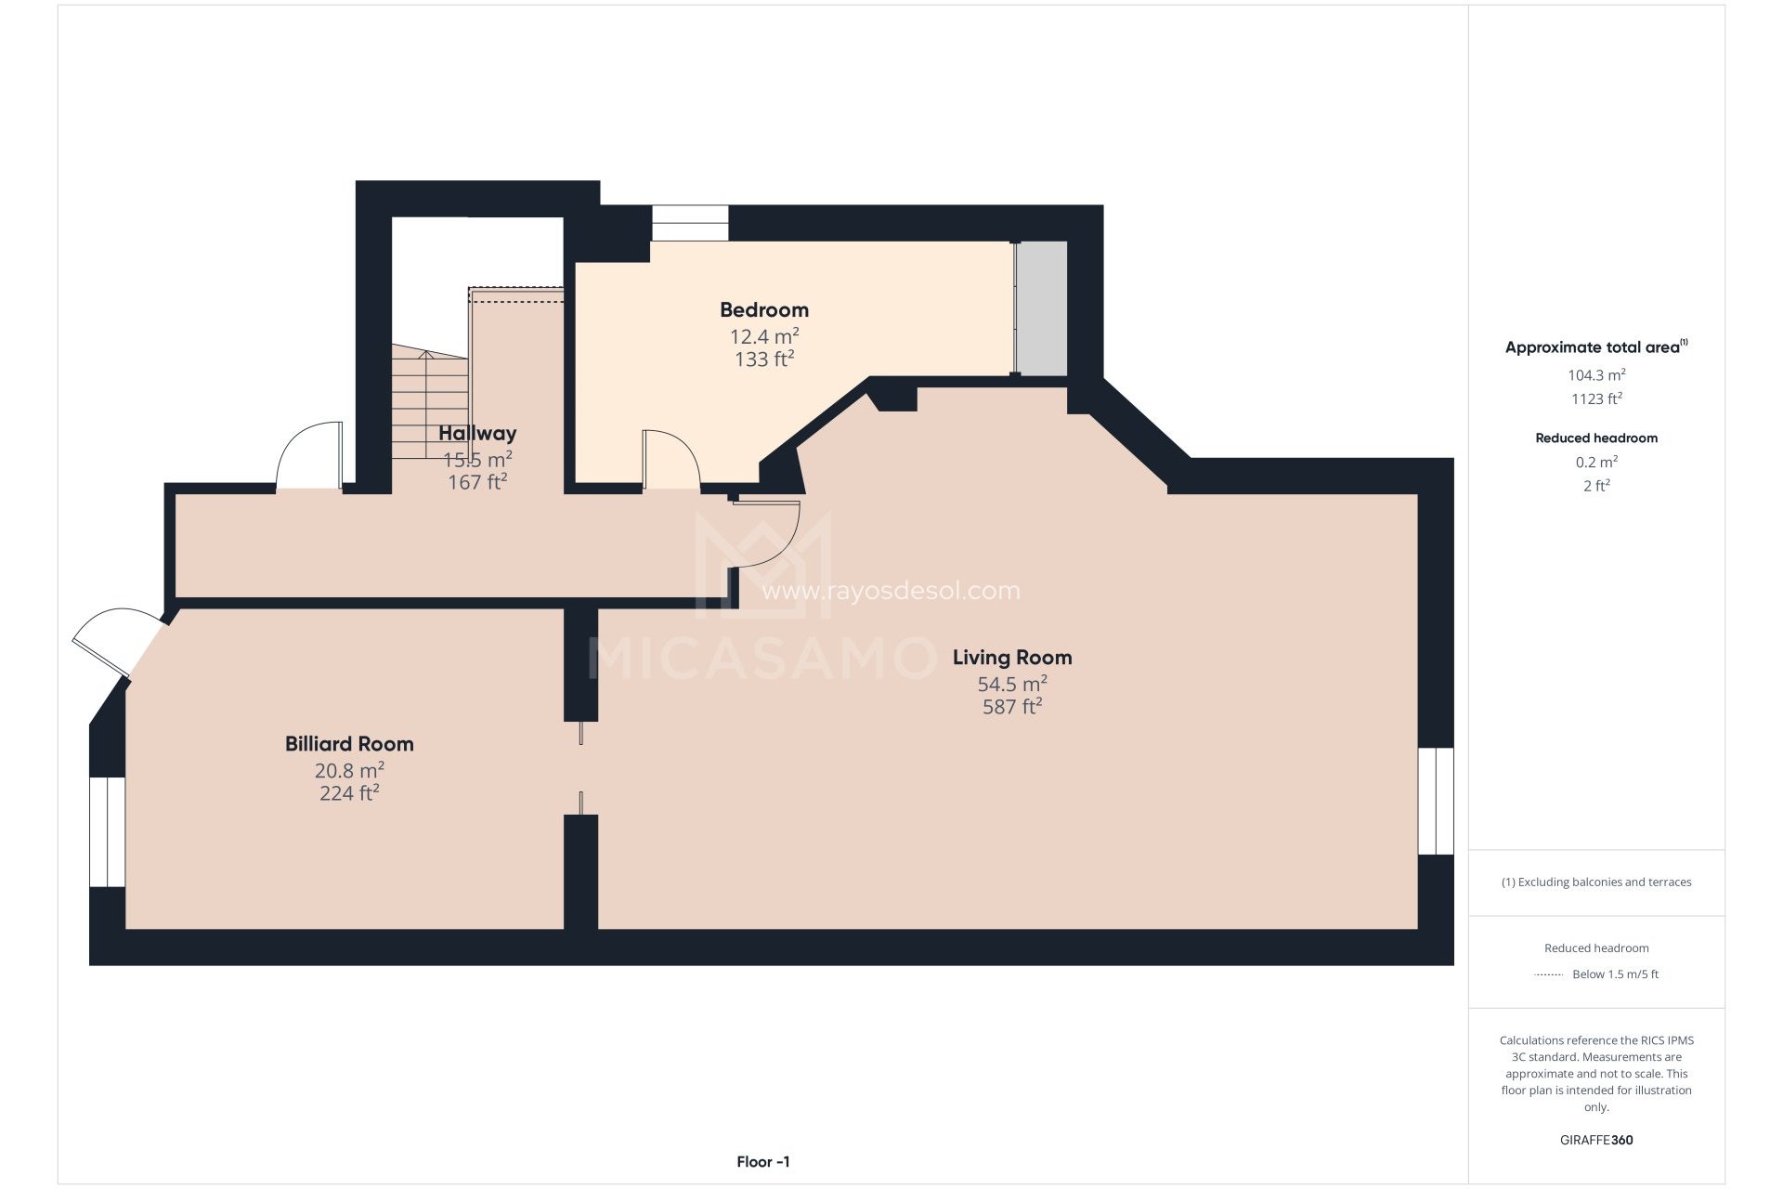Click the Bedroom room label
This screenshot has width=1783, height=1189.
coord(763,310)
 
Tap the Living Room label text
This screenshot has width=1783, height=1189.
coord(1011,658)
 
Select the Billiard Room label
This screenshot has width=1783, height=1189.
coord(349,744)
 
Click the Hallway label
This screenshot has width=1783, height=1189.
coord(476,433)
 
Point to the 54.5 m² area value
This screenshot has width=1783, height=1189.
coord(1011,685)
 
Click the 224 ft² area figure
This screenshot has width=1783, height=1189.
coord(349,793)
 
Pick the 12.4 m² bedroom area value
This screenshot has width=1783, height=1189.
coord(763,336)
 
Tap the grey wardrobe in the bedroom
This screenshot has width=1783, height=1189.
coord(1042,308)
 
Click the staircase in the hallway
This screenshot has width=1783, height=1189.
coord(429,404)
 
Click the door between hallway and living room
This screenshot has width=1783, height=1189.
coord(767,534)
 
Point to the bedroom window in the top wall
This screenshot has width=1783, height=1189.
coord(689,223)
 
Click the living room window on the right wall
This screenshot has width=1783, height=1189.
coord(1435,801)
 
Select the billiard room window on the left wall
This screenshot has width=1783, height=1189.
coord(107,831)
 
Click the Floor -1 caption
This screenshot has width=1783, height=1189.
coord(762,1162)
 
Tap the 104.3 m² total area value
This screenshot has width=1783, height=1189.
coord(1595,375)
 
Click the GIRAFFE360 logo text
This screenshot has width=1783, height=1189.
coord(1595,1140)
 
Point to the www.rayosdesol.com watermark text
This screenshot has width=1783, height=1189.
coord(890,591)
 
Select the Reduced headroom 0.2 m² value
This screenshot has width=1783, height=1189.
coord(1595,462)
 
